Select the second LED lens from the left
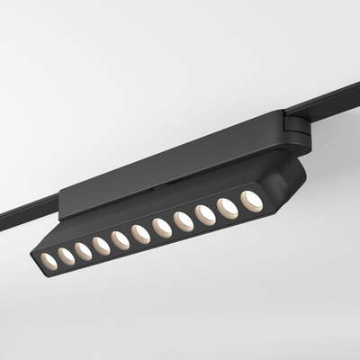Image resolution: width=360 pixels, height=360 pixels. tap(66, 256)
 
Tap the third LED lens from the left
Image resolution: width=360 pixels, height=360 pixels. tap(83, 251)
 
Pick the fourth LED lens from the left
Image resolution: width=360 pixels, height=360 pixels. tap(101, 246)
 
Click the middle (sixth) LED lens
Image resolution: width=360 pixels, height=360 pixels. tap(140, 234)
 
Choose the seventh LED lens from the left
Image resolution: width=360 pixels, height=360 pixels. tap(162, 228)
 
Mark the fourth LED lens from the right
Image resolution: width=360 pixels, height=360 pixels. tap(184, 220)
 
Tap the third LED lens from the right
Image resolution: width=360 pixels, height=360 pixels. tap(205, 214)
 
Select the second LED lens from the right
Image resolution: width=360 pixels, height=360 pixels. tap(228, 208)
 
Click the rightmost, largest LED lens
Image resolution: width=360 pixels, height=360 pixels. tap(252, 201)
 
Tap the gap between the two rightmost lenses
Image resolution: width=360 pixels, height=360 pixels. tap(239, 204)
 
